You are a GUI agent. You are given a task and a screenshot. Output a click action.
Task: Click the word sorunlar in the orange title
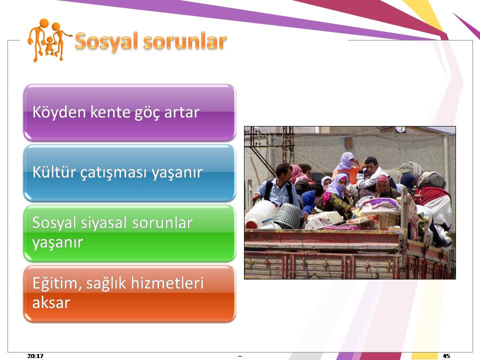[185, 41]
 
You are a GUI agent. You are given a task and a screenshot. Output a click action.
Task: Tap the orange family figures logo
[49, 40]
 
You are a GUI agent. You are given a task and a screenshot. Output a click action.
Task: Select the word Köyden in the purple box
[59, 112]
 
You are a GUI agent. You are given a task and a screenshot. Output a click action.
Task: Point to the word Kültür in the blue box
[54, 171]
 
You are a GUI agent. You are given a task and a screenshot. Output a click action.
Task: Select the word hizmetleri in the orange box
[167, 282]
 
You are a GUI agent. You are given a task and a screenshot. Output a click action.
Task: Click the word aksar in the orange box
[51, 303]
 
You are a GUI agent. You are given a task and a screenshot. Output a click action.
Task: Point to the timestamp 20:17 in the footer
[35, 355]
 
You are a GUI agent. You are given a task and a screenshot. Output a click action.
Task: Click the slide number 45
[446, 355]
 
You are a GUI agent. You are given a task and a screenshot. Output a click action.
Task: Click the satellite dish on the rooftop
[400, 129]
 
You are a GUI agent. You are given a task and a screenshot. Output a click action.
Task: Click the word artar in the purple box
[182, 112]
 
